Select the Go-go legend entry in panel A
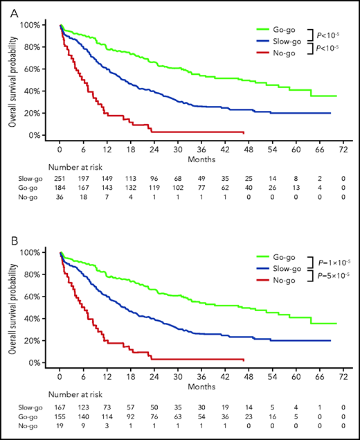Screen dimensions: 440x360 pos(284,30)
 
